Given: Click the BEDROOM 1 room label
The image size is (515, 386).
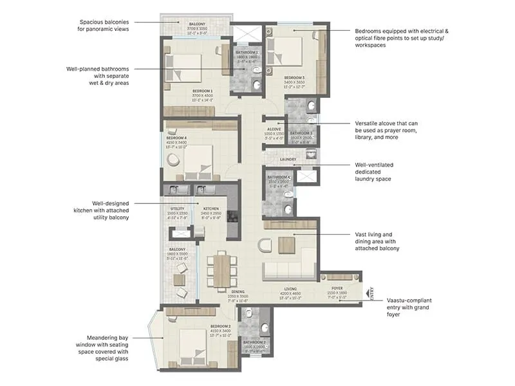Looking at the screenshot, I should click(202, 91).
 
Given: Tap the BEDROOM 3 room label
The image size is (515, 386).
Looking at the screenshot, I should click(294, 78).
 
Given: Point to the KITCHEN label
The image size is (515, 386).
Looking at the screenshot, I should click(211, 209).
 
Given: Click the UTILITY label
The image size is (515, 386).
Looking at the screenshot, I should click(178, 209).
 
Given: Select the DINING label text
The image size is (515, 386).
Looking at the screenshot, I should click(238, 291).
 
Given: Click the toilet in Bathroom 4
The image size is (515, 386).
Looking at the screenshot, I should click(288, 208).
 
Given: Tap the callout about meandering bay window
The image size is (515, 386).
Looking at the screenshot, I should click(107, 347).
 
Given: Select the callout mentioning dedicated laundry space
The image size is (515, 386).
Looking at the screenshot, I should click(382, 172).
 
